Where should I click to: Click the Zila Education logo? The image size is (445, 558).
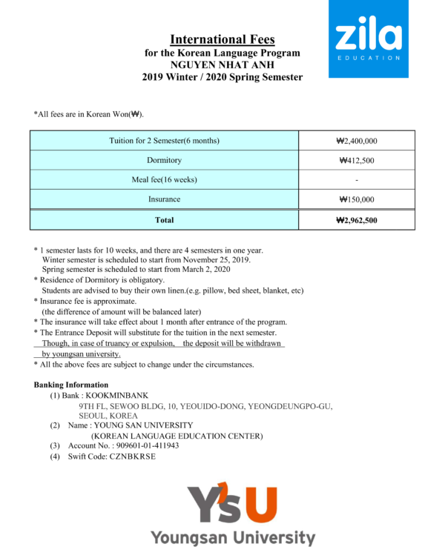pos(368,38)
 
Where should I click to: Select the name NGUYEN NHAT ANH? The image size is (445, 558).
pos(222,64)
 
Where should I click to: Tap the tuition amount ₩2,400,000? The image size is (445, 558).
pos(357,141)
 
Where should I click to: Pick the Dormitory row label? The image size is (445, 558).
pos(164,160)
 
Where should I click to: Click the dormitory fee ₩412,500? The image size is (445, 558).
pos(357,160)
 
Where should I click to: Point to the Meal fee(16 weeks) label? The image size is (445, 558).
pos(164,180)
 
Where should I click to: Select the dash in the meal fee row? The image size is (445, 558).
pos(357,180)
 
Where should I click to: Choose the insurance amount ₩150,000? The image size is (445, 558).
pos(357,199)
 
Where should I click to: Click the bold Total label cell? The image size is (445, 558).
pos(164,220)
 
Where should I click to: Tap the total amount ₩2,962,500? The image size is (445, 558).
pos(357,220)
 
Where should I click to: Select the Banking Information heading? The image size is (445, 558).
pos(71,385)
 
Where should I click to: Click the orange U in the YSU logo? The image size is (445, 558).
pos(260,504)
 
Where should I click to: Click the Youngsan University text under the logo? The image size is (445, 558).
pos(233,537)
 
